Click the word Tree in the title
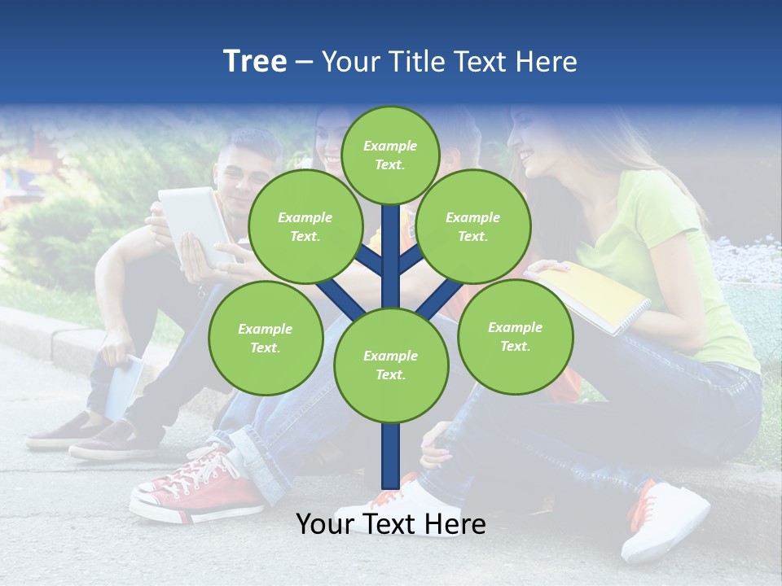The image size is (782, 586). tap(255, 62)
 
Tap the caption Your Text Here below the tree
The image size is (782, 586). tap(390, 524)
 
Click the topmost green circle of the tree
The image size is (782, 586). tap(390, 155)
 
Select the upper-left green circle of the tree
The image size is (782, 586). tap(305, 226)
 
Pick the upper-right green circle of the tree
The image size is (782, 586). tap(472, 226)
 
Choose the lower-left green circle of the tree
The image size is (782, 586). tap(265, 338)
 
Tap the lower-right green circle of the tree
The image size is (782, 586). tap(515, 336)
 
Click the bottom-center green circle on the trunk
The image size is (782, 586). tap(390, 365)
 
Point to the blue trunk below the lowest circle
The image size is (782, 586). tap(391, 456)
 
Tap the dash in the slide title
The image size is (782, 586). tap(304, 63)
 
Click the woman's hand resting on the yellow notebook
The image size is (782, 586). tap(551, 267)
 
